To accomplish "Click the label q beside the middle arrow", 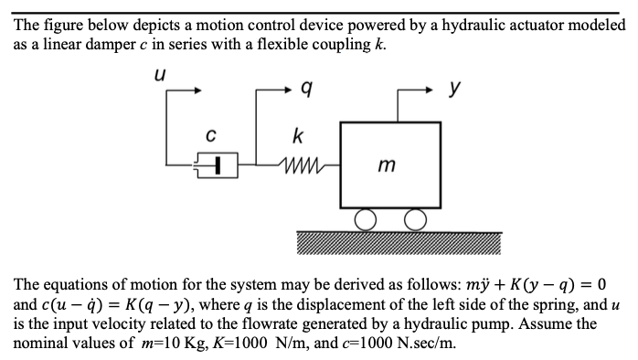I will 307,90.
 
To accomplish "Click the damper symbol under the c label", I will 217,165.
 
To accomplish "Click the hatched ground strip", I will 399,240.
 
